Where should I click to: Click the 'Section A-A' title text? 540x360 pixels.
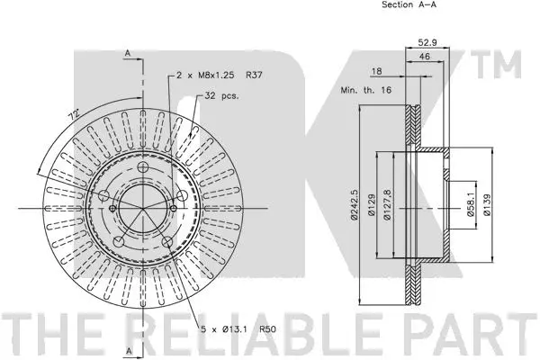click(409, 5)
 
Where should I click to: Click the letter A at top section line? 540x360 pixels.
click(128, 55)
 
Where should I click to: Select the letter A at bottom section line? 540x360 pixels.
click(128, 348)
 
